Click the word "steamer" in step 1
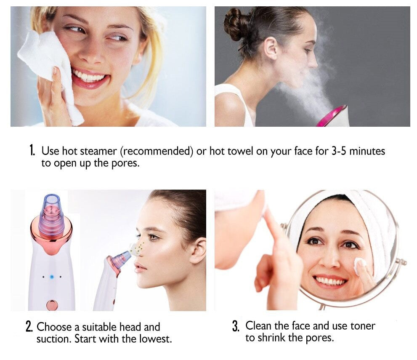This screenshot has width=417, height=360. tap(98, 151)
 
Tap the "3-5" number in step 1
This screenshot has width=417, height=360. tap(339, 151)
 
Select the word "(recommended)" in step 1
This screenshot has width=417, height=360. tap(157, 152)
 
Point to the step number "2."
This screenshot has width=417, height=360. tap(29, 327)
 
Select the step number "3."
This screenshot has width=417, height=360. tap(236, 326)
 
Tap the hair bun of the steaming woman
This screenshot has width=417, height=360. tap(234, 24)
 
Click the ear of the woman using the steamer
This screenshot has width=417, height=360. tap(271, 48)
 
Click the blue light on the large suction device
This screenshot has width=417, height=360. tap(52, 277)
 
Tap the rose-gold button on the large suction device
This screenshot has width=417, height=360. tap(52, 305)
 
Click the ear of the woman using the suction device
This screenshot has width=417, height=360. tap(199, 251)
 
